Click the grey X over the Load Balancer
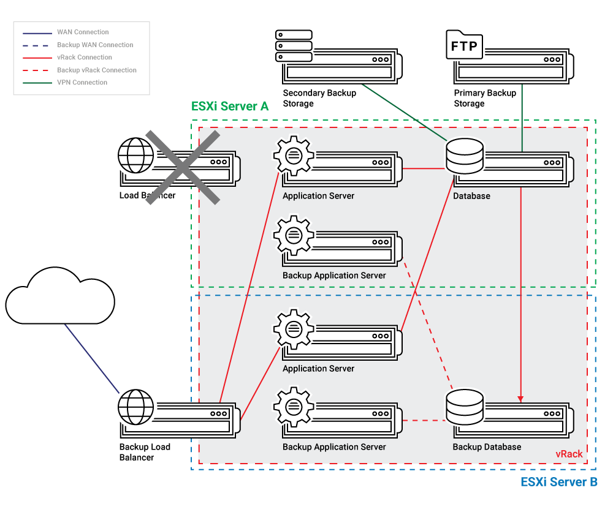pos(182,166)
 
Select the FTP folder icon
pos(465,46)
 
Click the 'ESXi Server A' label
pos(230,106)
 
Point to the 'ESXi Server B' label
pos(558,482)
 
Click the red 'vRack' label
pos(569,454)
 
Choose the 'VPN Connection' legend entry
pos(82,83)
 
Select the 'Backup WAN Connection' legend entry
pos(95,45)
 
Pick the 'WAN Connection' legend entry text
pos(83,32)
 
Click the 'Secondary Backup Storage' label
pos(319,99)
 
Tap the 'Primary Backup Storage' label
pos(484,99)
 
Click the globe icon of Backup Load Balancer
pos(136,407)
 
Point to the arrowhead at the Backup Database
pos(521,398)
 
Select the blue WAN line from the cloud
pos(92,358)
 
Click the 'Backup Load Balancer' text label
pos(145,452)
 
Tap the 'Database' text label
pos(471,196)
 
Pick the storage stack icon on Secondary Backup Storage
pos(294,46)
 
